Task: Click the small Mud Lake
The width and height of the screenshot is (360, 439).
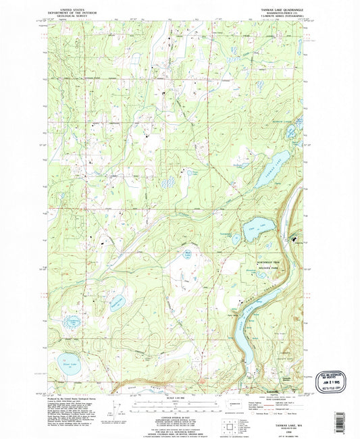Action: (188, 255)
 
